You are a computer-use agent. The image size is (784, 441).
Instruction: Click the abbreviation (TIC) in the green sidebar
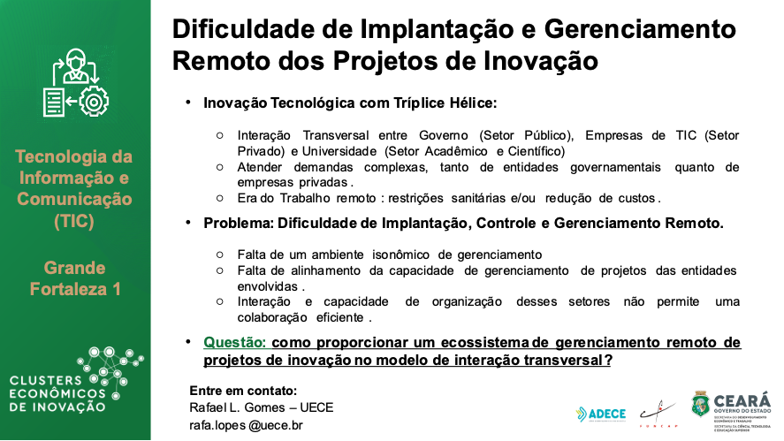click(73, 221)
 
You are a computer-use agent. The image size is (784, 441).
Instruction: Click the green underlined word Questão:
click(236, 343)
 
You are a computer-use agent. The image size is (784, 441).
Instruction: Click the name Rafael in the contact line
click(210, 407)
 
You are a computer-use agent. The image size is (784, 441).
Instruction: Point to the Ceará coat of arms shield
click(699, 406)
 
